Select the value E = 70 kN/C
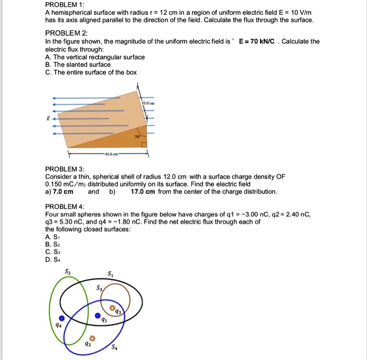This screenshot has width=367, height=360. click(257, 41)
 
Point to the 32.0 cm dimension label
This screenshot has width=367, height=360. click(147, 103)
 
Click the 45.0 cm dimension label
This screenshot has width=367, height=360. click(109, 154)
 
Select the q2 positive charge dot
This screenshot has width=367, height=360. click(93, 338)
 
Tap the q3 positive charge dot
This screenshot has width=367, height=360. click(111, 308)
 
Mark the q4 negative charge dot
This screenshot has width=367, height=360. click(63, 319)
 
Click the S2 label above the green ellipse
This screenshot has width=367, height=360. click(67, 272)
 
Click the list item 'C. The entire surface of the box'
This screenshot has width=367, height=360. click(91, 72)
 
